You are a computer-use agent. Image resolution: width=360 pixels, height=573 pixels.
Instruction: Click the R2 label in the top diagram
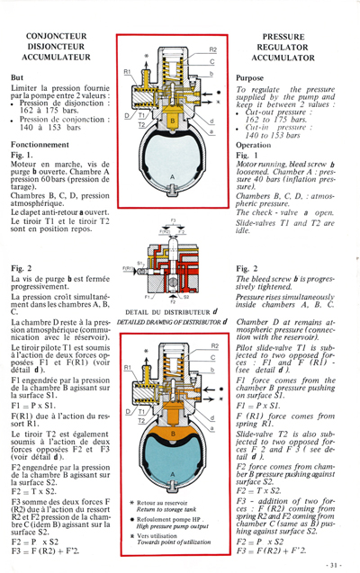click(x=212, y=49)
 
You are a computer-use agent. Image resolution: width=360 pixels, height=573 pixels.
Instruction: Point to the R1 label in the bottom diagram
click(x=129, y=368)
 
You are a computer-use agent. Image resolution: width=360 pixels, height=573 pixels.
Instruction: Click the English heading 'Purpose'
click(x=255, y=78)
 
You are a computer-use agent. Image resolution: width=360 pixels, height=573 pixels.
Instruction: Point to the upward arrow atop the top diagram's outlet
click(x=169, y=45)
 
